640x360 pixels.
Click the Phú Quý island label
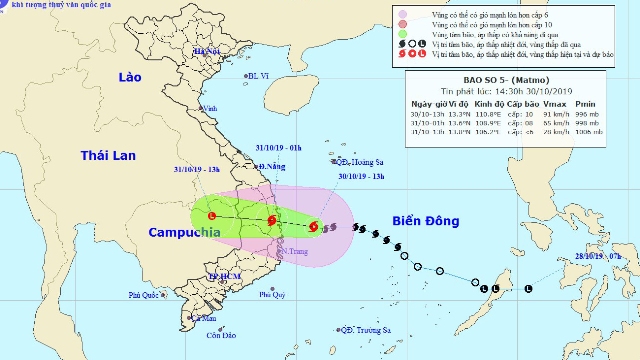pos(272,295)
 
